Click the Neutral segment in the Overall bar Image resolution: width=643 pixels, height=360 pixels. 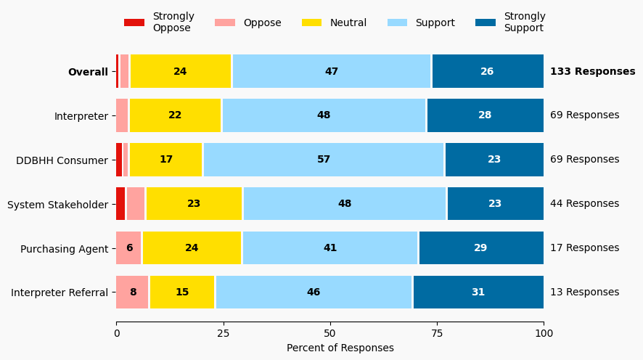[x=181, y=71]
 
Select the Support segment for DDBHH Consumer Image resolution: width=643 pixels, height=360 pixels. [x=324, y=160]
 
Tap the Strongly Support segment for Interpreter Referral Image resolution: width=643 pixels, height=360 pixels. [x=478, y=292]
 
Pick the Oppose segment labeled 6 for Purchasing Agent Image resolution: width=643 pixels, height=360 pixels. [x=129, y=248]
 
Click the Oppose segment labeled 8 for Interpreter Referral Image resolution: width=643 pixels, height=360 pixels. [x=133, y=292]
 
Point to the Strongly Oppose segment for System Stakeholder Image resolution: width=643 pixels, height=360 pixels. [x=120, y=204]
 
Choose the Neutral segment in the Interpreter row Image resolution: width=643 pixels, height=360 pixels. [x=175, y=115]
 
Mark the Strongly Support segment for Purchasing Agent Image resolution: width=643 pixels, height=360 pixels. [x=481, y=248]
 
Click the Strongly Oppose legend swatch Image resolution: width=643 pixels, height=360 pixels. [x=134, y=22]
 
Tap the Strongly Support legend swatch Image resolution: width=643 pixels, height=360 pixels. [x=486, y=22]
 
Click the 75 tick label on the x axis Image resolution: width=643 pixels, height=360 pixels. [x=437, y=333]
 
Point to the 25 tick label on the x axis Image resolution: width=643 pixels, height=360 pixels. [x=223, y=333]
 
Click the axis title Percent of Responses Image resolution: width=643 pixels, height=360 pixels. [x=340, y=348]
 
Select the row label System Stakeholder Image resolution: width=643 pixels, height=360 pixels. [x=58, y=205]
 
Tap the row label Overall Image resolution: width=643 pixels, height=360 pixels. [x=88, y=72]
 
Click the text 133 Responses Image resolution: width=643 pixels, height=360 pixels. [x=592, y=71]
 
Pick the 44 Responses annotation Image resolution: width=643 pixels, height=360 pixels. [x=584, y=204]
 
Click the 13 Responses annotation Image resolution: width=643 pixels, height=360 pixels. [x=584, y=292]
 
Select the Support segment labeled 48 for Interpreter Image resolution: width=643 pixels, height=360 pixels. [x=324, y=115]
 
